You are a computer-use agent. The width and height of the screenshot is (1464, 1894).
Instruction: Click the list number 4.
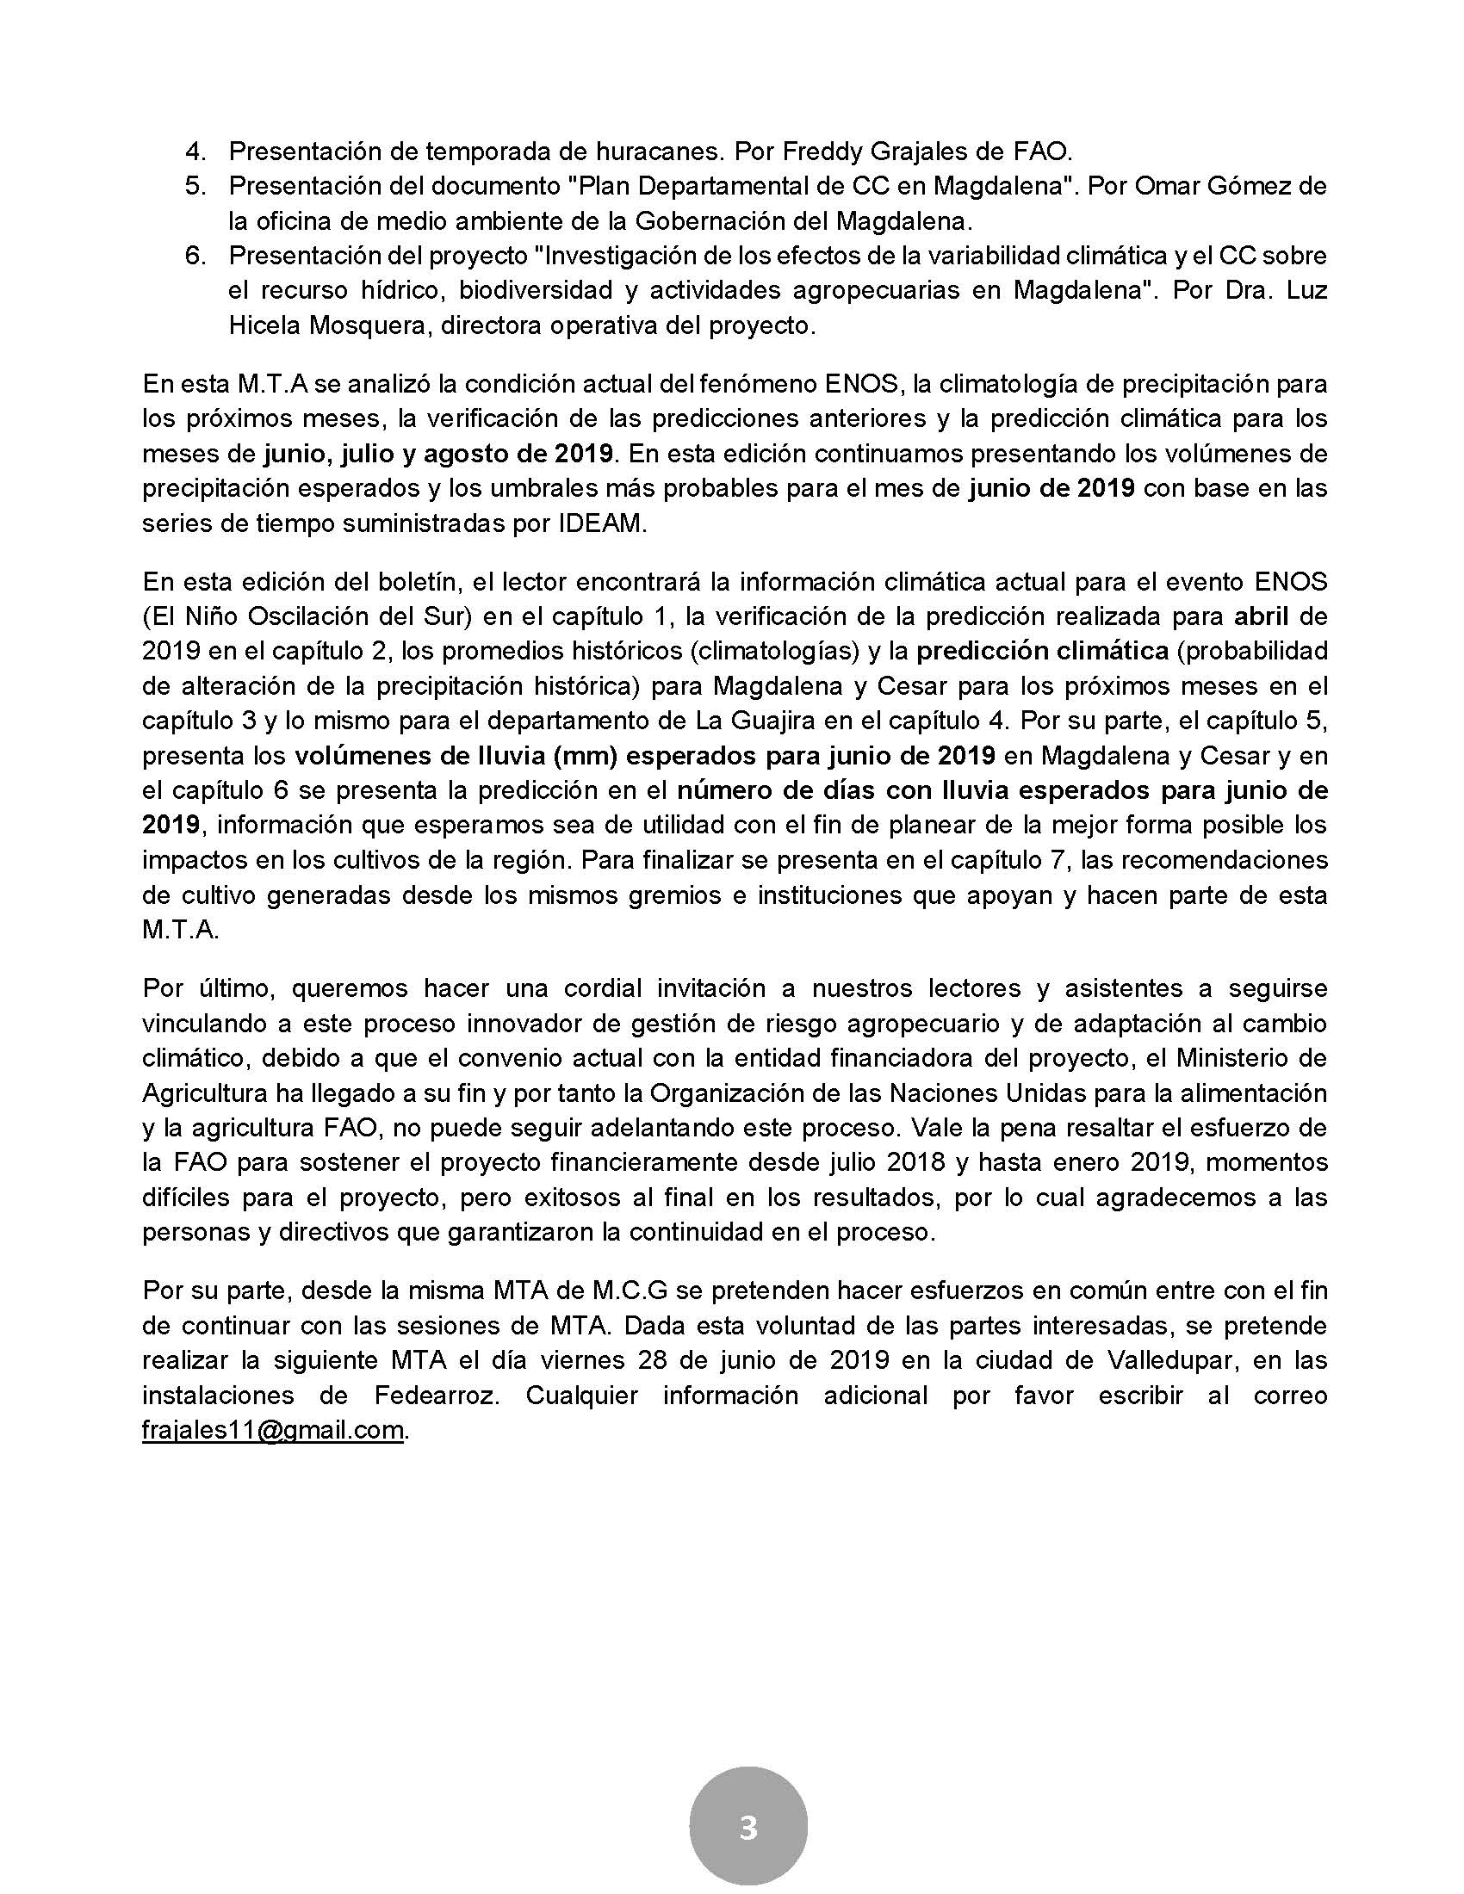[x=195, y=152]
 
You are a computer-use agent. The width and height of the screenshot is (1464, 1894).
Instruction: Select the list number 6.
[x=195, y=256]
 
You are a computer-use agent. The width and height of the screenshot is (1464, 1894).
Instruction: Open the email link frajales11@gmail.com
[x=273, y=1430]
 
